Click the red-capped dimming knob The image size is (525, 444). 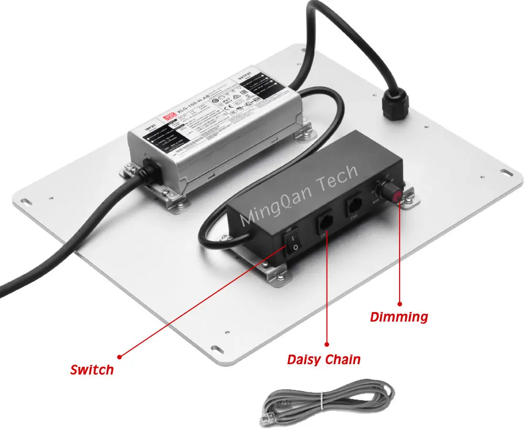click(395, 193)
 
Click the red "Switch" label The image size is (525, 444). click(92, 369)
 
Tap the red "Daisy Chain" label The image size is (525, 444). click(324, 360)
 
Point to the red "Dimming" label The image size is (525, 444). click(399, 317)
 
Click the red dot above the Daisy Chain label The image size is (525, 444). click(327, 345)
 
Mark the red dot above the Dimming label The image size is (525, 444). click(400, 303)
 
